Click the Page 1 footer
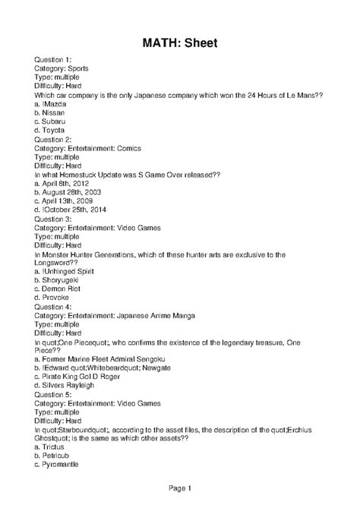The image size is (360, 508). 180,488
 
